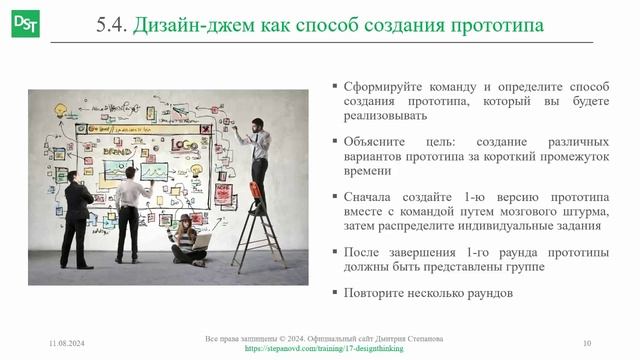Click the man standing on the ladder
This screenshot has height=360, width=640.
coord(259,160)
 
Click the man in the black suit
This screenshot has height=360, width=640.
coord(75,215)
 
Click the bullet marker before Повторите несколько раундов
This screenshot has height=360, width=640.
coord(334,294)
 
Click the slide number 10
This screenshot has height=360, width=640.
coord(587,344)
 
